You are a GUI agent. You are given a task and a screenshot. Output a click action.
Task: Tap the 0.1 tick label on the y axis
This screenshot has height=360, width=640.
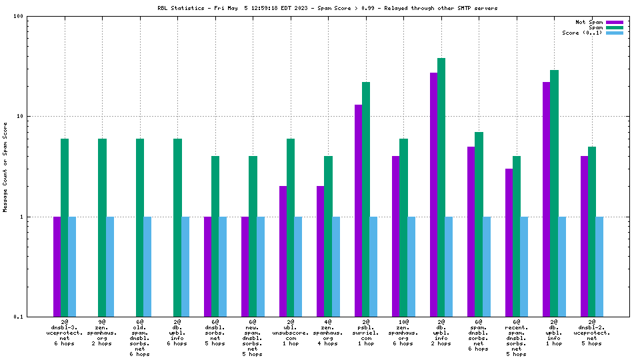tap(19, 317)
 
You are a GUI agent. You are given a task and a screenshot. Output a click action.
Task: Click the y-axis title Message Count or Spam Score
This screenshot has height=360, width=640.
tap(5, 167)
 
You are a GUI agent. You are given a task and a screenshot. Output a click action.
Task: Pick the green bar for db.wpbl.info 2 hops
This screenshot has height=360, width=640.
tap(441, 187)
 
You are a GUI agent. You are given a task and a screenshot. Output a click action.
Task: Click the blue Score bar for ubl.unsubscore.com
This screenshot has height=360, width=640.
tap(298, 266)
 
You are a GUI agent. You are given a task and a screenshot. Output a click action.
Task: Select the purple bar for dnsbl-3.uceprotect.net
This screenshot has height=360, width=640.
tap(57, 266)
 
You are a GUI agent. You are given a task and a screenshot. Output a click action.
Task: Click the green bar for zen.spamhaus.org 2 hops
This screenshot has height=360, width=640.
tap(102, 227)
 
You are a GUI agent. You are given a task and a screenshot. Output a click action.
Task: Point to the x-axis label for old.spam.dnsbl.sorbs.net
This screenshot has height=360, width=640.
tap(140, 337)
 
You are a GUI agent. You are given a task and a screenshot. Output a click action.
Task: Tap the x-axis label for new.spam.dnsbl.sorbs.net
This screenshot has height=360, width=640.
tap(253, 337)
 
